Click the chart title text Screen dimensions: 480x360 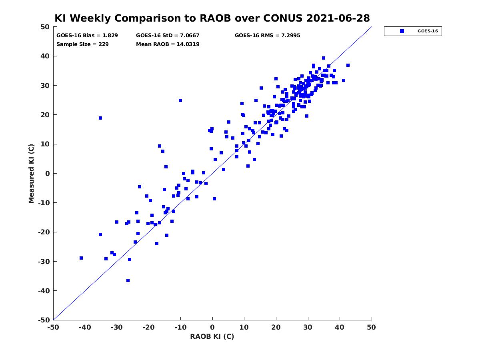(212, 18)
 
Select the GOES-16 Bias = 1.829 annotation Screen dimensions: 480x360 (87, 36)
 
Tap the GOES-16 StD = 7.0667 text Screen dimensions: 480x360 (168, 36)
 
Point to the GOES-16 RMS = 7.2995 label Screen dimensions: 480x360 (267, 36)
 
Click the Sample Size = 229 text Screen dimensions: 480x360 (82, 44)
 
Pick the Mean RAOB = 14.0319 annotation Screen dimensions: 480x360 (168, 44)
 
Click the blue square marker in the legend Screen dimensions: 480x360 (402, 31)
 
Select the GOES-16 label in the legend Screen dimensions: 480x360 (428, 31)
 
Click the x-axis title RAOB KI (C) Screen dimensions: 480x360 (212, 336)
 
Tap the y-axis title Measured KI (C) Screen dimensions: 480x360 (31, 173)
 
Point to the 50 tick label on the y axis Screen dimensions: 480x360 (45, 27)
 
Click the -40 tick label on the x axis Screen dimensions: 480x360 (85, 327)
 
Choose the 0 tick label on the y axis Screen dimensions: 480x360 (48, 174)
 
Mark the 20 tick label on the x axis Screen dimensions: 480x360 (276, 327)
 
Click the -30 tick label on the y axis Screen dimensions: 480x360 (44, 262)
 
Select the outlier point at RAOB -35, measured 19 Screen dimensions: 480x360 (100, 118)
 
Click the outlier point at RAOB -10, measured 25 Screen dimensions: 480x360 (180, 100)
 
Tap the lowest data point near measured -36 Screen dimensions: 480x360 (128, 280)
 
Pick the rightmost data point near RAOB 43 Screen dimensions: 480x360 (348, 65)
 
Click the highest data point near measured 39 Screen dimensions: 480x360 (324, 58)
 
